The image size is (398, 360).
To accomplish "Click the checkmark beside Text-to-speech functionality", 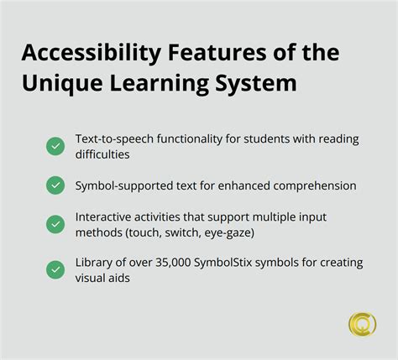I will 55,146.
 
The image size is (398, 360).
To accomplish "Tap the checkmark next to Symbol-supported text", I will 55,185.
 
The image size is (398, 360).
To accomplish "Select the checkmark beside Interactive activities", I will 55,223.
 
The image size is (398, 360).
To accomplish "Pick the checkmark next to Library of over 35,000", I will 55,269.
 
